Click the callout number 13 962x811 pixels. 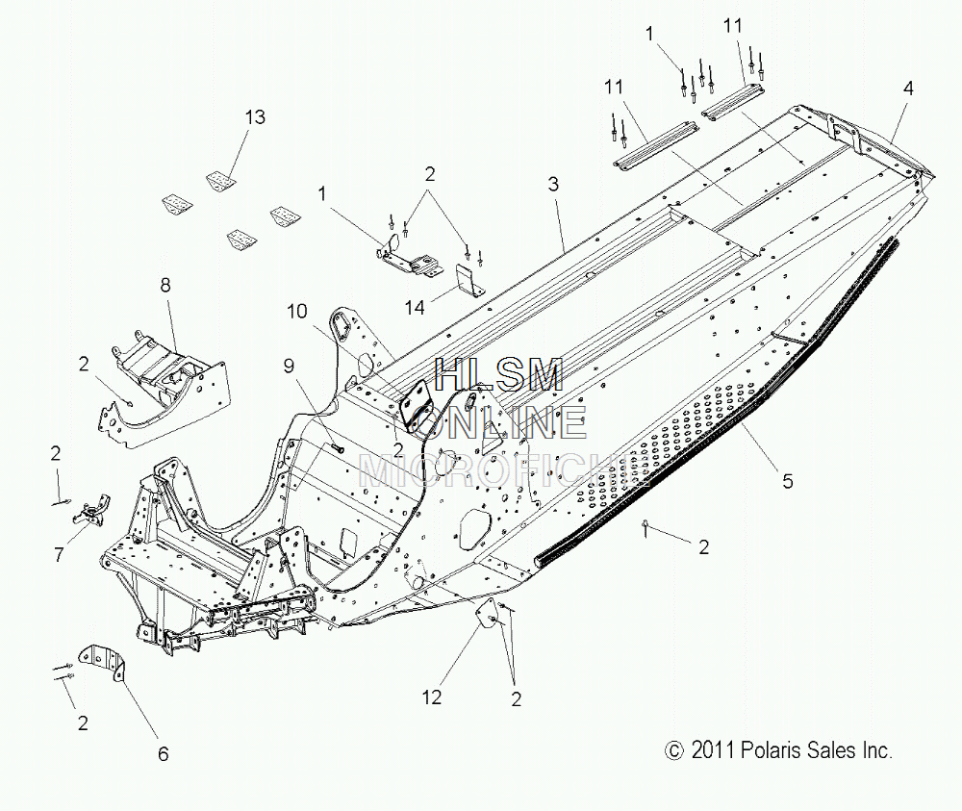pyautogui.click(x=255, y=116)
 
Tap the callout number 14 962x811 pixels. pyautogui.click(x=416, y=307)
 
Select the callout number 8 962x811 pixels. pyautogui.click(x=165, y=286)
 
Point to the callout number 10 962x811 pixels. pyautogui.click(x=297, y=311)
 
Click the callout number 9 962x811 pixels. pyautogui.click(x=289, y=367)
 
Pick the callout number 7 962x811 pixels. pyautogui.click(x=59, y=555)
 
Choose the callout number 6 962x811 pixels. pyautogui.click(x=163, y=754)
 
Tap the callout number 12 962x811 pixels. pyautogui.click(x=431, y=697)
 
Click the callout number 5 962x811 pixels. pyautogui.click(x=788, y=481)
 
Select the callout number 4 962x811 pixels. pyautogui.click(x=909, y=89)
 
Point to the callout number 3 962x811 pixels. pyautogui.click(x=553, y=184)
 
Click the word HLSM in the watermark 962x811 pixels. pyautogui.click(x=498, y=374)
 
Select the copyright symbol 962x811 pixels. pyautogui.click(x=674, y=750)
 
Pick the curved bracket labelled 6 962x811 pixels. pyautogui.click(x=103, y=661)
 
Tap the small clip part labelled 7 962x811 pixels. pyautogui.click(x=92, y=509)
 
